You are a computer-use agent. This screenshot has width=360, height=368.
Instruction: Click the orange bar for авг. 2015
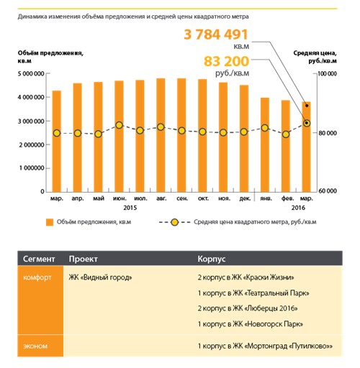tap(161, 135)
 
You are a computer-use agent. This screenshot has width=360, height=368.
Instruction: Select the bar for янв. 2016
tap(265, 144)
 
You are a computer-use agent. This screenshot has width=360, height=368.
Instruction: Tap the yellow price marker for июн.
tap(119, 125)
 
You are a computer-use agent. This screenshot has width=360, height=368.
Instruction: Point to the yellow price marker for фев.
tap(286, 134)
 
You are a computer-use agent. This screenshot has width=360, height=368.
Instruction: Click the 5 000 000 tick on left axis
tap(31, 74)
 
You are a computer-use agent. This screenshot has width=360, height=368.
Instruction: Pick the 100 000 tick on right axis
tap(327, 73)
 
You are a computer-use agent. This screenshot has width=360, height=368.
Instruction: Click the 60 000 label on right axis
tap(328, 191)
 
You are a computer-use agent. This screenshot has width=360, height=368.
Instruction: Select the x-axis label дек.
tap(245, 198)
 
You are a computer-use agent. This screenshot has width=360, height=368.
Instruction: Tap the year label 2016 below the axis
tap(298, 208)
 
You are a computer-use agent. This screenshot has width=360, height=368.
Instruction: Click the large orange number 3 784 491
tap(216, 34)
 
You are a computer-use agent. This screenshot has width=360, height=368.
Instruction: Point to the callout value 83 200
tap(227, 61)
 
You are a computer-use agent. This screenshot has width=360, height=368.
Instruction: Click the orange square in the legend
tap(50, 222)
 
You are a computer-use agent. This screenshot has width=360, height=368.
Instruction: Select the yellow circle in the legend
tap(175, 222)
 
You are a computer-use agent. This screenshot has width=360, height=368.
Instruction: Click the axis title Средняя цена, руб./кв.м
tap(315, 57)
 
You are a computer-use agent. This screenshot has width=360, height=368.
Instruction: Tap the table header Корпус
tap(212, 259)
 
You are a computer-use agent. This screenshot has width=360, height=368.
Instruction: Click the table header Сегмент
tap(39, 259)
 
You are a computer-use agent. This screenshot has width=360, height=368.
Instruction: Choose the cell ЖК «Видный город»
tap(100, 277)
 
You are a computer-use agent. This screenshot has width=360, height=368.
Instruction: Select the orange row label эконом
tap(35, 346)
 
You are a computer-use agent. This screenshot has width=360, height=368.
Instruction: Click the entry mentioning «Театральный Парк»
tap(253, 293)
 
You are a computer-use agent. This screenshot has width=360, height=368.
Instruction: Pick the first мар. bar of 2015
tap(57, 142)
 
